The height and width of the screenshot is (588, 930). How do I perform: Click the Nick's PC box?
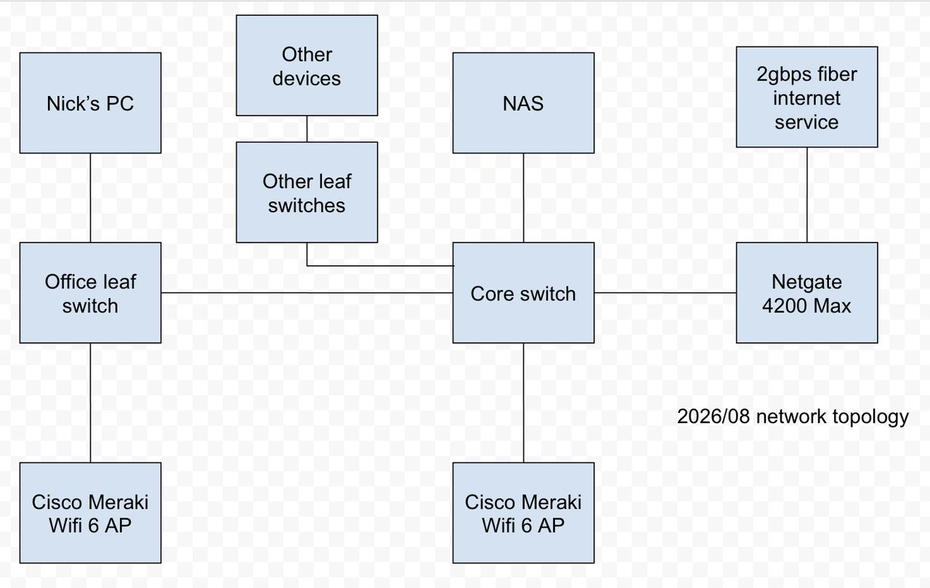click(x=91, y=103)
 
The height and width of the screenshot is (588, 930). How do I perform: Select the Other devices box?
click(x=307, y=65)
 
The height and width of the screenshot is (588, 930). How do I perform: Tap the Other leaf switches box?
click(x=307, y=193)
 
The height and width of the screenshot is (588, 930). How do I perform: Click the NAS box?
click(x=523, y=103)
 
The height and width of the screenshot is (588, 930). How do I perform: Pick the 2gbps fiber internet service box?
click(x=806, y=97)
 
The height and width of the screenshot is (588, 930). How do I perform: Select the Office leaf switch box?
click(x=91, y=293)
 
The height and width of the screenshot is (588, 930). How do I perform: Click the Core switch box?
click(x=523, y=293)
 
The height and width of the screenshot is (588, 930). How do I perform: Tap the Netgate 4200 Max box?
click(x=806, y=293)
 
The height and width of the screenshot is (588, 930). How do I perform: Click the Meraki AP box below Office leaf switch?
click(x=91, y=513)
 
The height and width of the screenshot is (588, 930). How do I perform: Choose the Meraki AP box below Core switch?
click(x=523, y=513)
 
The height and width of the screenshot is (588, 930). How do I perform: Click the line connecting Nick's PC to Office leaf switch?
click(x=91, y=198)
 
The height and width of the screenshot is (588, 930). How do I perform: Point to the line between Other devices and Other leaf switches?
click(x=307, y=129)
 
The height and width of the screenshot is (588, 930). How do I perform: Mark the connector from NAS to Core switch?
click(x=523, y=198)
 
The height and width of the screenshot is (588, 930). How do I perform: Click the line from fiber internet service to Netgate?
click(x=806, y=196)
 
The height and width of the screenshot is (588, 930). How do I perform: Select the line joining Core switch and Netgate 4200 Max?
click(x=665, y=293)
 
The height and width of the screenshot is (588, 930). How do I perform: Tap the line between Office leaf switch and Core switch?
click(x=307, y=293)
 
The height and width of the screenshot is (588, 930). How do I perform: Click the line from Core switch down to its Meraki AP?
click(x=523, y=403)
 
